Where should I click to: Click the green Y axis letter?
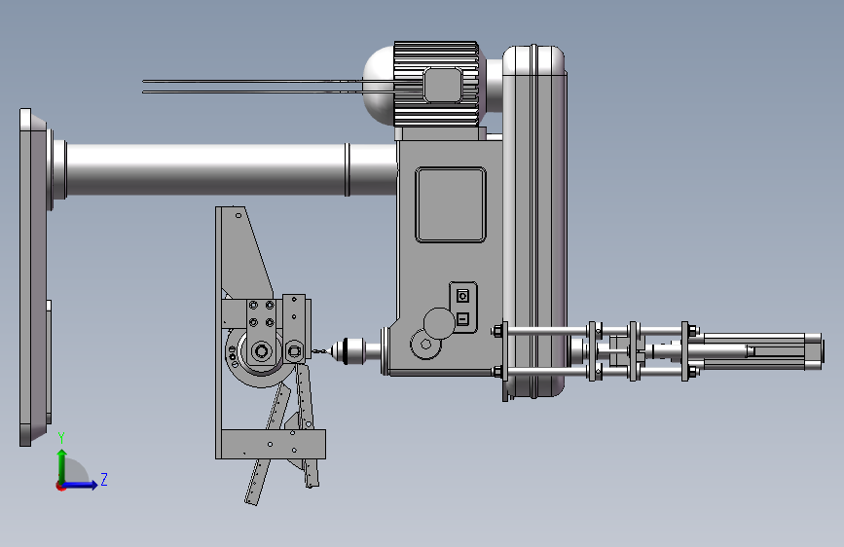pos(61,438)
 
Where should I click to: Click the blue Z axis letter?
pos(104,479)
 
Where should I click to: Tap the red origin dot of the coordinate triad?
pos(60,486)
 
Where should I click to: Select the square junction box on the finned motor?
pos(443,85)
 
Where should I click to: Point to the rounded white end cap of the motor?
pos(379,85)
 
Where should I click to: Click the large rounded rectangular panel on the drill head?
pos(451,204)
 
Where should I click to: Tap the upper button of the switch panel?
pos(462,296)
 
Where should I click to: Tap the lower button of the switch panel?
pos(462,319)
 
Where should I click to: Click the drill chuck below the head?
pos(349,351)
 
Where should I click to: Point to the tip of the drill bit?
pos(312,351)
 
